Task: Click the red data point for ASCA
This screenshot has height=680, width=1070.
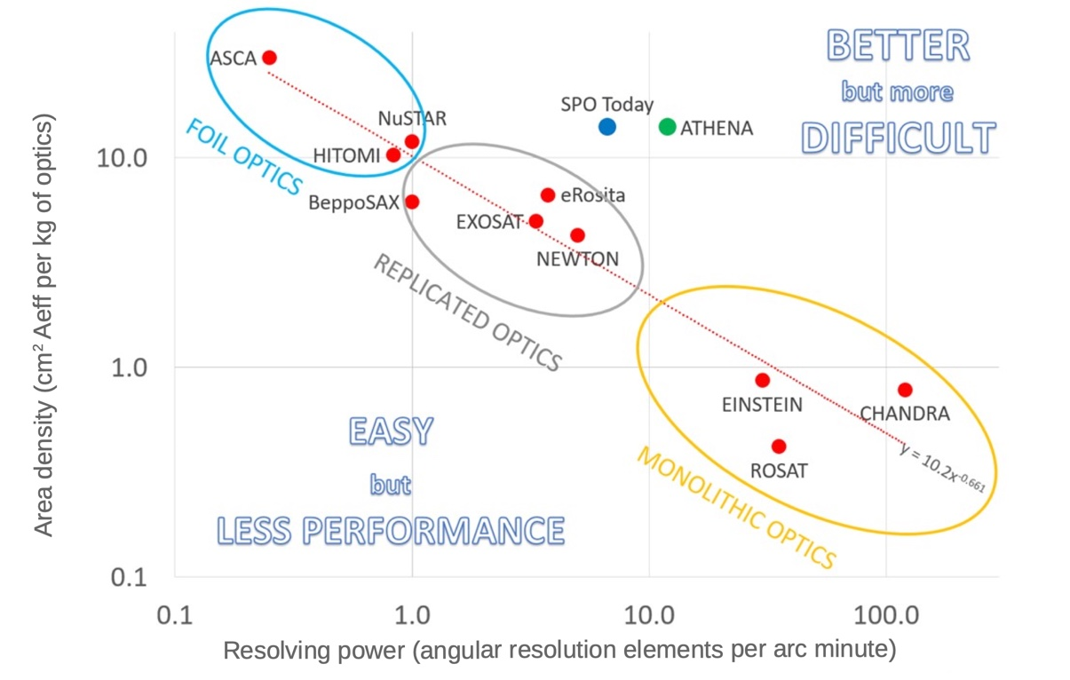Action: (270, 58)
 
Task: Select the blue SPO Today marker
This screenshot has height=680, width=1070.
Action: (607, 127)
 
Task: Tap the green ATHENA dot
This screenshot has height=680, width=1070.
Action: (668, 127)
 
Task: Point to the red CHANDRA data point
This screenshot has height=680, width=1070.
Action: (905, 390)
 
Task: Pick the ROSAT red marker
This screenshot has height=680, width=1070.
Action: (779, 446)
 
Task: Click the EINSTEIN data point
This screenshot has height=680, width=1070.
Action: (762, 380)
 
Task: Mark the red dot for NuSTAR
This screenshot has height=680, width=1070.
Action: (412, 141)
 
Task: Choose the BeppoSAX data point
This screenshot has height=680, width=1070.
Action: (412, 202)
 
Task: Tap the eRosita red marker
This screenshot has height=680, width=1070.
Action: (548, 195)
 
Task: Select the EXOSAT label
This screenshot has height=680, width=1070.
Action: (489, 222)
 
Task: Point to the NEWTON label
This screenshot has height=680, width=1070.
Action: (577, 259)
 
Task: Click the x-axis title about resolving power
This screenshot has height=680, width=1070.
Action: (559, 651)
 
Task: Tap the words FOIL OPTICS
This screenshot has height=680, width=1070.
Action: (243, 156)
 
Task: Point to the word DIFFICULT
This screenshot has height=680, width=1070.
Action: (898, 138)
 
